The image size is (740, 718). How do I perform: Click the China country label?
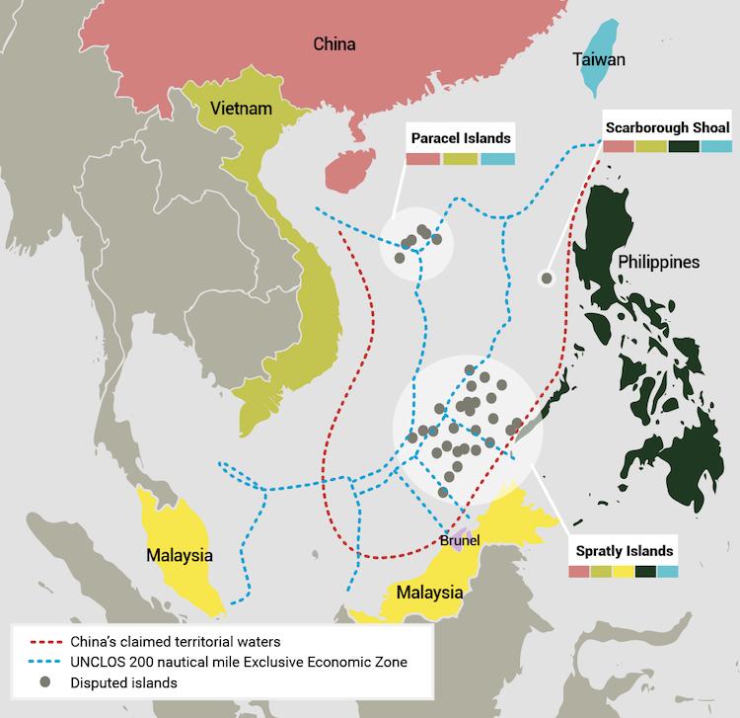point(333,44)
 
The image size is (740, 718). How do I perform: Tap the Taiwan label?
point(598,60)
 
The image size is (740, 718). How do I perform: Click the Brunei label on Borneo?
point(460,540)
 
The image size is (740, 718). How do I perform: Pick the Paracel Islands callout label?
point(461,138)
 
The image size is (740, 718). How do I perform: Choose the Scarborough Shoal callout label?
point(667,128)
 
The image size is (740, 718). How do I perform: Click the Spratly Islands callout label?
point(624,551)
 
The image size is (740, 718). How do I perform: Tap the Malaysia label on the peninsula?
point(180,555)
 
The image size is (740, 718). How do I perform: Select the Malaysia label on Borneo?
point(428,594)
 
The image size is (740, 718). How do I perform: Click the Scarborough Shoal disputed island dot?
point(546,279)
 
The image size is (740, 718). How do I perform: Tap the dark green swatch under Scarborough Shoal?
point(683,146)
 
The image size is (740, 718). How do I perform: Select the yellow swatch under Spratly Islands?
point(624,570)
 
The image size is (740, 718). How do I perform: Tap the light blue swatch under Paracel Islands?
point(497,158)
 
